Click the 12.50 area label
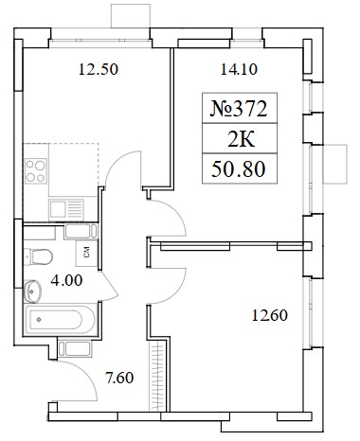pos(99,69)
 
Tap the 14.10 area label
pos(239,69)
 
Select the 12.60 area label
pos(270,315)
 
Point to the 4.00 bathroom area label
pos(66,280)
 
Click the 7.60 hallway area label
pos(119,378)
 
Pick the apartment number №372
pos(239,109)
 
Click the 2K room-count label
pos(241,139)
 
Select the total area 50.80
pos(239,169)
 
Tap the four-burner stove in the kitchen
pos(36,170)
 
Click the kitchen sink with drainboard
pos(66,210)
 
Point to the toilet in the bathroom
pos(38,257)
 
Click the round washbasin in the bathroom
pos(32,291)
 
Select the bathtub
pos(60,319)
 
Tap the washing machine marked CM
pos(86,253)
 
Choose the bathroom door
pos(109,286)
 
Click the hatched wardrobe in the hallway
pos(157,377)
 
